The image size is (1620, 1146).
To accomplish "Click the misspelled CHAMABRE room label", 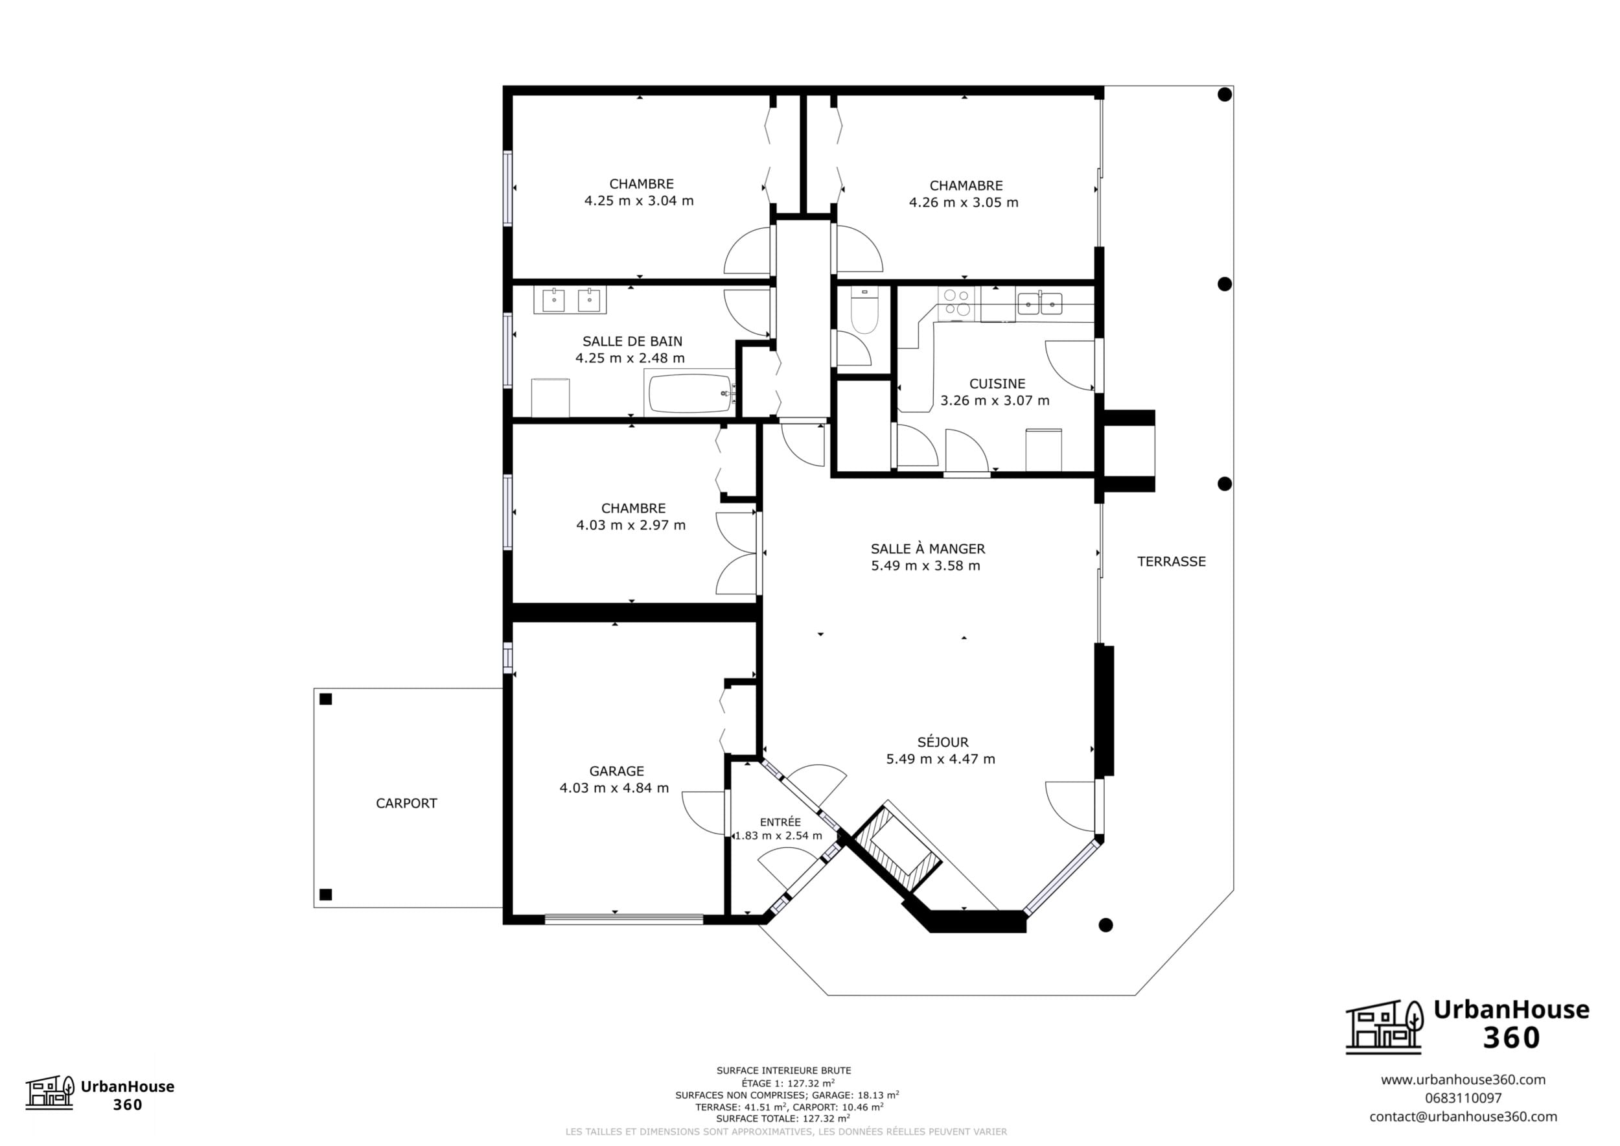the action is pos(966,185).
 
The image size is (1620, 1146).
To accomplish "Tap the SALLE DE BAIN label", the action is pos(632,342).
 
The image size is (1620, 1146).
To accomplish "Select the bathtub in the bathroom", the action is pos(690,393).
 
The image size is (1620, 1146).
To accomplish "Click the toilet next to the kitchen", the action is pos(864,310).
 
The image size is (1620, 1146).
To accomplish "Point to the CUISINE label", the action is pos(997,384).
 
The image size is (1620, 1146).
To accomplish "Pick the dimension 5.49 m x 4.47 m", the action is pos(940,759).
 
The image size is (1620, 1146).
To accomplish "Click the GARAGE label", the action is pos(617,771).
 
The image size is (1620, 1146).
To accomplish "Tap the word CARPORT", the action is pos(406,803).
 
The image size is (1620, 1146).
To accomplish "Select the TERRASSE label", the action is pos(1171,562).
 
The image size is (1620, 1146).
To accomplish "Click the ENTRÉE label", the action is pos(780,822).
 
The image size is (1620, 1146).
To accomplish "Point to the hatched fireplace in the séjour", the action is pos(897,852).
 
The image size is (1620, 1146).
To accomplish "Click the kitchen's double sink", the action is pos(1039,303).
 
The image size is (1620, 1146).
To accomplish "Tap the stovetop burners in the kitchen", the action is pos(956,303).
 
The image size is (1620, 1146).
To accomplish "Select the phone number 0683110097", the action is pos(1463,1098).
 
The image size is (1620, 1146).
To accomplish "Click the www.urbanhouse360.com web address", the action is pos(1463,1080).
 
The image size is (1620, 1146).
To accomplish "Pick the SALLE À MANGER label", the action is pos(928,549).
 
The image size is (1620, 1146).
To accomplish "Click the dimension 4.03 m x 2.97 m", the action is pos(631,525).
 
